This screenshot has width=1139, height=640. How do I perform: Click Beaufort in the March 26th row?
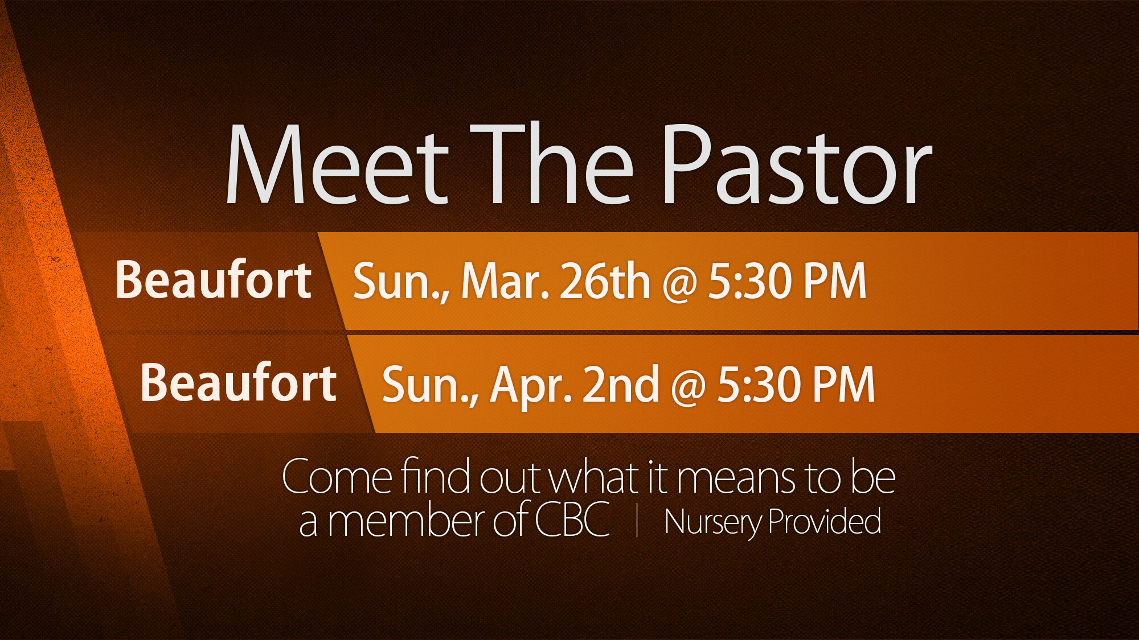tap(213, 279)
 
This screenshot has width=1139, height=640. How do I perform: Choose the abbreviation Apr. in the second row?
tap(531, 386)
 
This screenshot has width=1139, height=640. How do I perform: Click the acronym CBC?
tap(572, 520)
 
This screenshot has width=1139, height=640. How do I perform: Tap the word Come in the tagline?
tap(337, 477)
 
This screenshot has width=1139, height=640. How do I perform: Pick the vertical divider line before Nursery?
tap(637, 521)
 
